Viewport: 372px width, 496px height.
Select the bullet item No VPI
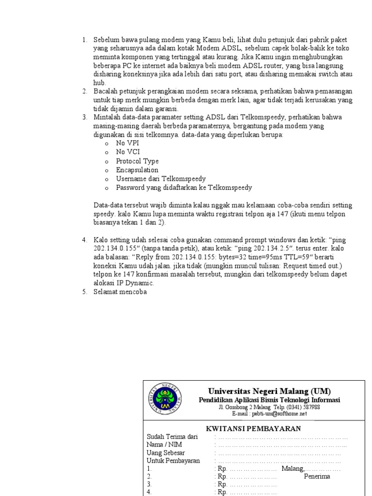127,143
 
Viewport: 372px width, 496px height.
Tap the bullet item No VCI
127,152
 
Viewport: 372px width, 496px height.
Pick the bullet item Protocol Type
137,161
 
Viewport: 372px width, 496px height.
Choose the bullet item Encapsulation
137,170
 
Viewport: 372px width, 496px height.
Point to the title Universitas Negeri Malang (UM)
270,391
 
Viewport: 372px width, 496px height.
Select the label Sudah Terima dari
172,437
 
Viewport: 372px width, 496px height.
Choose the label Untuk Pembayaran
173,461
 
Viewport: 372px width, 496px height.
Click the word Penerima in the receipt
317,477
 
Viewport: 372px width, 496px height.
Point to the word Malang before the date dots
293,468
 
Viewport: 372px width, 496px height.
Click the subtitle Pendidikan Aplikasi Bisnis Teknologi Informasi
269,400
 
